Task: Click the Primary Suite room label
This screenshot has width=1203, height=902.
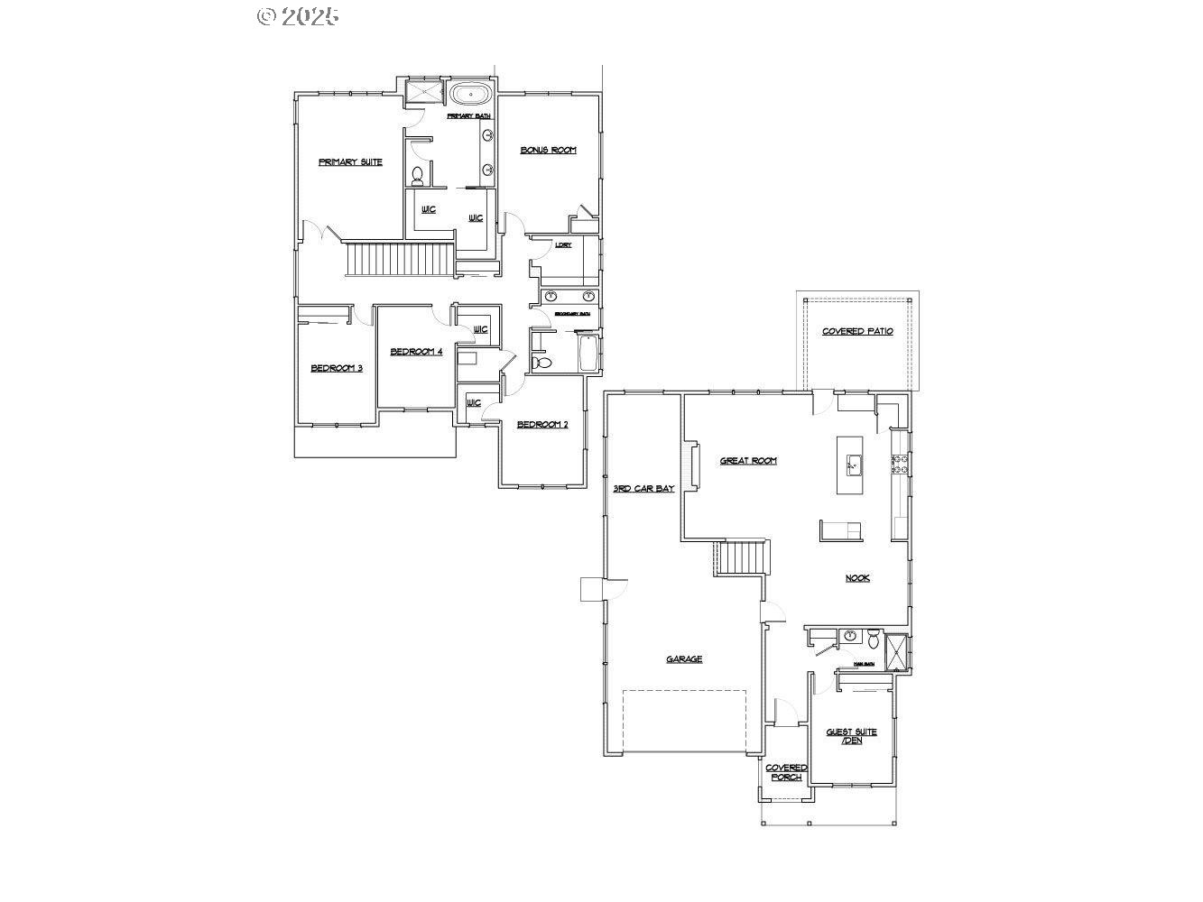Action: click(x=350, y=162)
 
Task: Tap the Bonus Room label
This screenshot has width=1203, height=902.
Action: click(x=548, y=150)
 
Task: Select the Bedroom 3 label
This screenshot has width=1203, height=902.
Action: click(x=337, y=368)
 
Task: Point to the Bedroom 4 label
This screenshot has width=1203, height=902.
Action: click(x=416, y=352)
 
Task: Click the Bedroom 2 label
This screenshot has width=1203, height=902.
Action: click(x=542, y=425)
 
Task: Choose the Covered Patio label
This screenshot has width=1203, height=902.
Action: click(x=857, y=332)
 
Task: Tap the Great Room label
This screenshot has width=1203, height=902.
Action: click(x=748, y=461)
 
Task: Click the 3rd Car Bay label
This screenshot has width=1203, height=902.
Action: click(x=643, y=489)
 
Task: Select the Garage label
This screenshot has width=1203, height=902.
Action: click(x=684, y=659)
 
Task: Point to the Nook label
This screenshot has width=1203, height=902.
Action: click(x=857, y=578)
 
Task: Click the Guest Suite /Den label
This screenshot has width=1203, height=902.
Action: click(x=851, y=736)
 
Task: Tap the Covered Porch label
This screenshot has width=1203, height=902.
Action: click(x=786, y=772)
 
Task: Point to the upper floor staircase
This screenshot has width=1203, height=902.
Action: click(x=399, y=260)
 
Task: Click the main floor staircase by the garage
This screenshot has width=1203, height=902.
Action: click(x=741, y=557)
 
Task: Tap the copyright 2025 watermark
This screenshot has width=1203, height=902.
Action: click(x=299, y=16)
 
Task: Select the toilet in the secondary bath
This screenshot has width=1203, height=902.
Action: click(x=542, y=363)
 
